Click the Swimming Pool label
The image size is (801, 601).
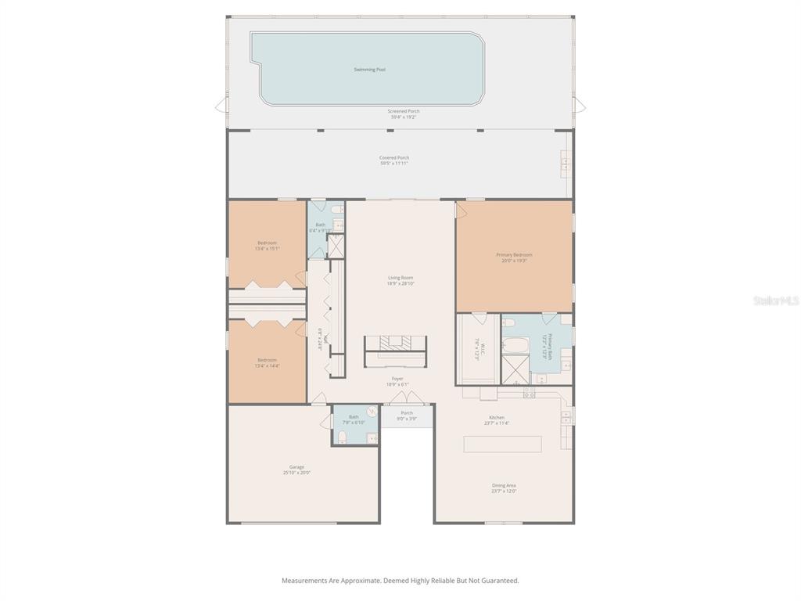click(x=369, y=70)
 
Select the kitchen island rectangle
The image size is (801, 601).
click(x=502, y=444)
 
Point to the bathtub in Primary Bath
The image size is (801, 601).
click(x=517, y=344)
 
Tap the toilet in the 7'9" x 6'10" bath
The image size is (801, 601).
click(x=342, y=435)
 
